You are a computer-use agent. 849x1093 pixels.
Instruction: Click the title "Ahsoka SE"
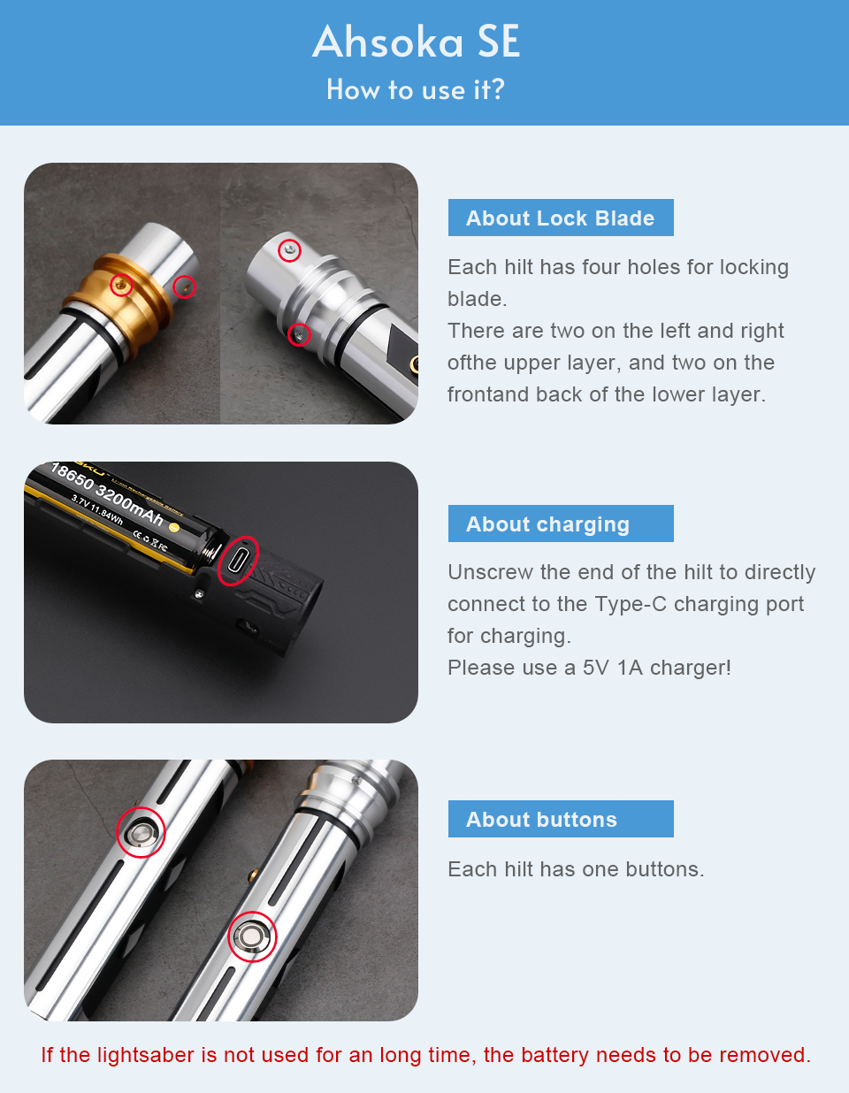click(x=416, y=42)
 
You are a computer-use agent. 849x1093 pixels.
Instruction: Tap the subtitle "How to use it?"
click(x=416, y=89)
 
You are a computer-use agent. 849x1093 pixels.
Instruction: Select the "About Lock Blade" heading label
click(x=560, y=218)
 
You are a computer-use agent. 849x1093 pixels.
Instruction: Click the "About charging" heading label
click(x=547, y=524)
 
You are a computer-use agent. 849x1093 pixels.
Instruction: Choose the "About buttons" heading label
click(x=541, y=820)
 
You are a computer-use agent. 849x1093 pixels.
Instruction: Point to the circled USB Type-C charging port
click(x=238, y=561)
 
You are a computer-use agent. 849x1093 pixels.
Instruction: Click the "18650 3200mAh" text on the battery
click(x=106, y=493)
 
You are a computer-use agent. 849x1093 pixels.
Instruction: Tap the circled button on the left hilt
click(x=141, y=832)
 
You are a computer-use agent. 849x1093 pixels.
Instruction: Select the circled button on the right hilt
click(x=252, y=936)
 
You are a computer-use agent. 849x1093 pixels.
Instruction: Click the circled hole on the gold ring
click(x=121, y=285)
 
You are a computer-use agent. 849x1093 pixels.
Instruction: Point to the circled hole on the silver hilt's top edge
click(x=289, y=250)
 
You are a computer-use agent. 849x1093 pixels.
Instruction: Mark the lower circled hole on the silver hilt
click(x=299, y=335)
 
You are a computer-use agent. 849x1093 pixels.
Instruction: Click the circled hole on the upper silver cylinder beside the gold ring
click(x=184, y=287)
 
